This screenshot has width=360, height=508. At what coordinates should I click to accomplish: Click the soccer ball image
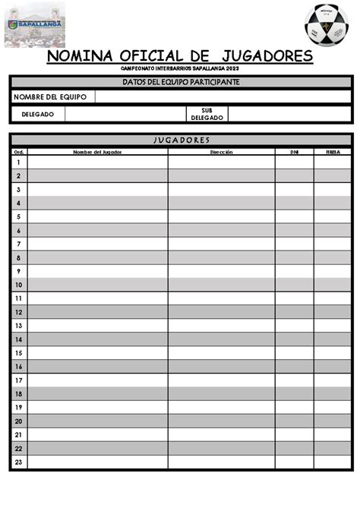coord(327,24)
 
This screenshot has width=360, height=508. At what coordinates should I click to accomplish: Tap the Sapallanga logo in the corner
coord(35,24)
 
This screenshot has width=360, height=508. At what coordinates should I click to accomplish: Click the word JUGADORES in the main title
coord(264,56)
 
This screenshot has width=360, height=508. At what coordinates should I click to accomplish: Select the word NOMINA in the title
coord(78,56)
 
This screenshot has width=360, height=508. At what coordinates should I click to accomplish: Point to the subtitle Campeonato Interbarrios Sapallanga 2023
coord(180,68)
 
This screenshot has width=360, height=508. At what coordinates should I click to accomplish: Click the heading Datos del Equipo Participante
coord(180,81)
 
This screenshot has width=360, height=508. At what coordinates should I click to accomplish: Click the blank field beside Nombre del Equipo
coord(223,96)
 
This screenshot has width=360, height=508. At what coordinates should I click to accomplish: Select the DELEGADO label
coord(37,114)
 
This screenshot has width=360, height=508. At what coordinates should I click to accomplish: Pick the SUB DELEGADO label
coord(207,114)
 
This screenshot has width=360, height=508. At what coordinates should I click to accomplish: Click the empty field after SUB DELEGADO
coord(289,114)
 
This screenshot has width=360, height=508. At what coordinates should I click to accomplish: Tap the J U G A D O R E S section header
coord(180,140)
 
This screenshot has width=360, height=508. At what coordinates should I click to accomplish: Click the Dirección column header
coord(221,152)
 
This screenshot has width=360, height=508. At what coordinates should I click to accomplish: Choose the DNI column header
coord(294,152)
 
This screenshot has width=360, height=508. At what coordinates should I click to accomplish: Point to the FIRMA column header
coord(332,152)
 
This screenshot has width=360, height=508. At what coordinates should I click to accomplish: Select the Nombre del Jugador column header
coord(97,152)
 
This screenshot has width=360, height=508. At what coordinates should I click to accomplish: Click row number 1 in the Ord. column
coord(18,162)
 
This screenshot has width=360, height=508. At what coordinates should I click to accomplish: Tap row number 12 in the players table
coord(18,312)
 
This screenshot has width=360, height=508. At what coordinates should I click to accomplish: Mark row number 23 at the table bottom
coord(18,462)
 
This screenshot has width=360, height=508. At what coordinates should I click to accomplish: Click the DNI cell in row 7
coord(294,244)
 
